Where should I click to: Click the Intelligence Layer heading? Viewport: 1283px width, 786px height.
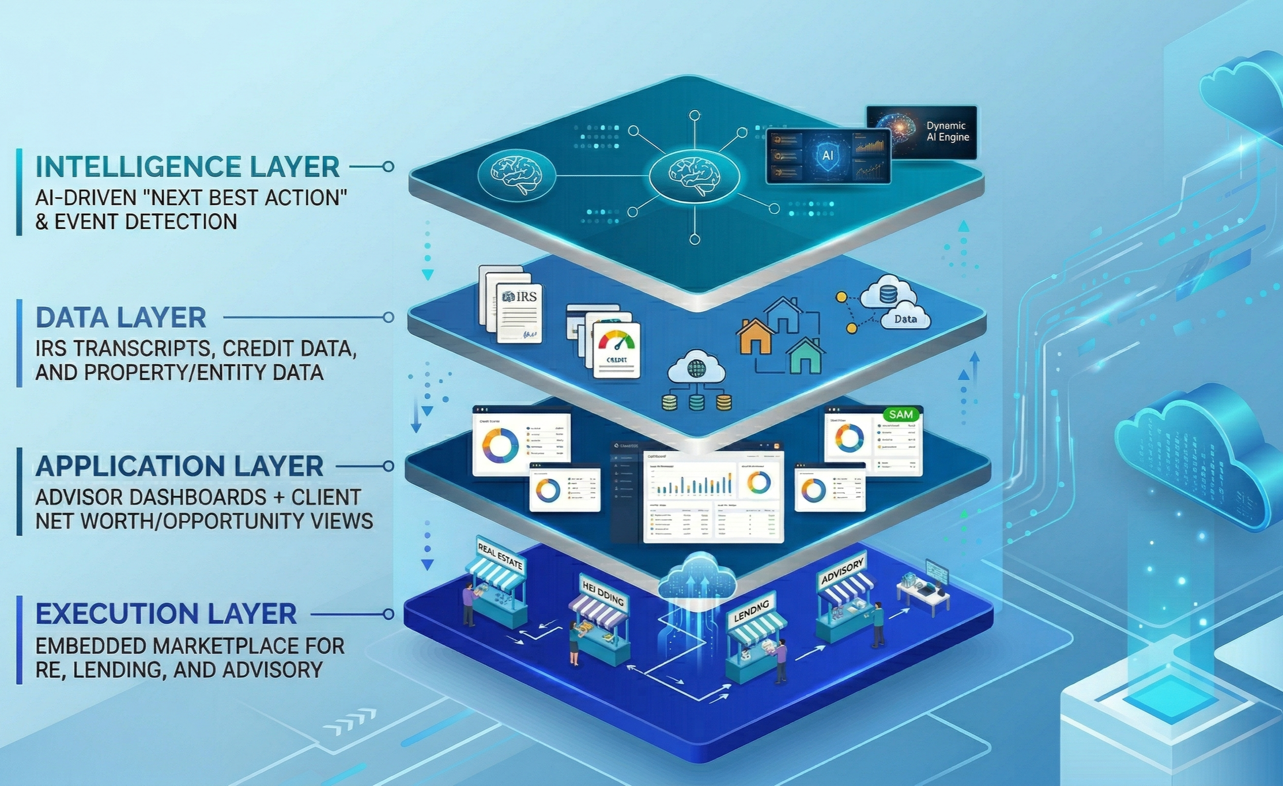tap(187, 167)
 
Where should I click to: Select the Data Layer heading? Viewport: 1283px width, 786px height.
tap(121, 318)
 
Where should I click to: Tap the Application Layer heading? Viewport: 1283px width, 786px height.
tap(179, 466)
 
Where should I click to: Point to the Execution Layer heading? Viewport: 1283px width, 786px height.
tap(166, 614)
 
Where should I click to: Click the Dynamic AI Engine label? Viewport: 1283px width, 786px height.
tap(947, 131)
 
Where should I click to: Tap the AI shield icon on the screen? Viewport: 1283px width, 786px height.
tap(828, 155)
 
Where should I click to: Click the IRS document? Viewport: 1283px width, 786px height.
tap(519, 311)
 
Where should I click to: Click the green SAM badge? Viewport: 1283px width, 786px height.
tap(900, 414)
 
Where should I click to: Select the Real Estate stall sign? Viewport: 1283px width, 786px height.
tap(500, 554)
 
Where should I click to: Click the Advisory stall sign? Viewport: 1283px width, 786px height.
tap(842, 570)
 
